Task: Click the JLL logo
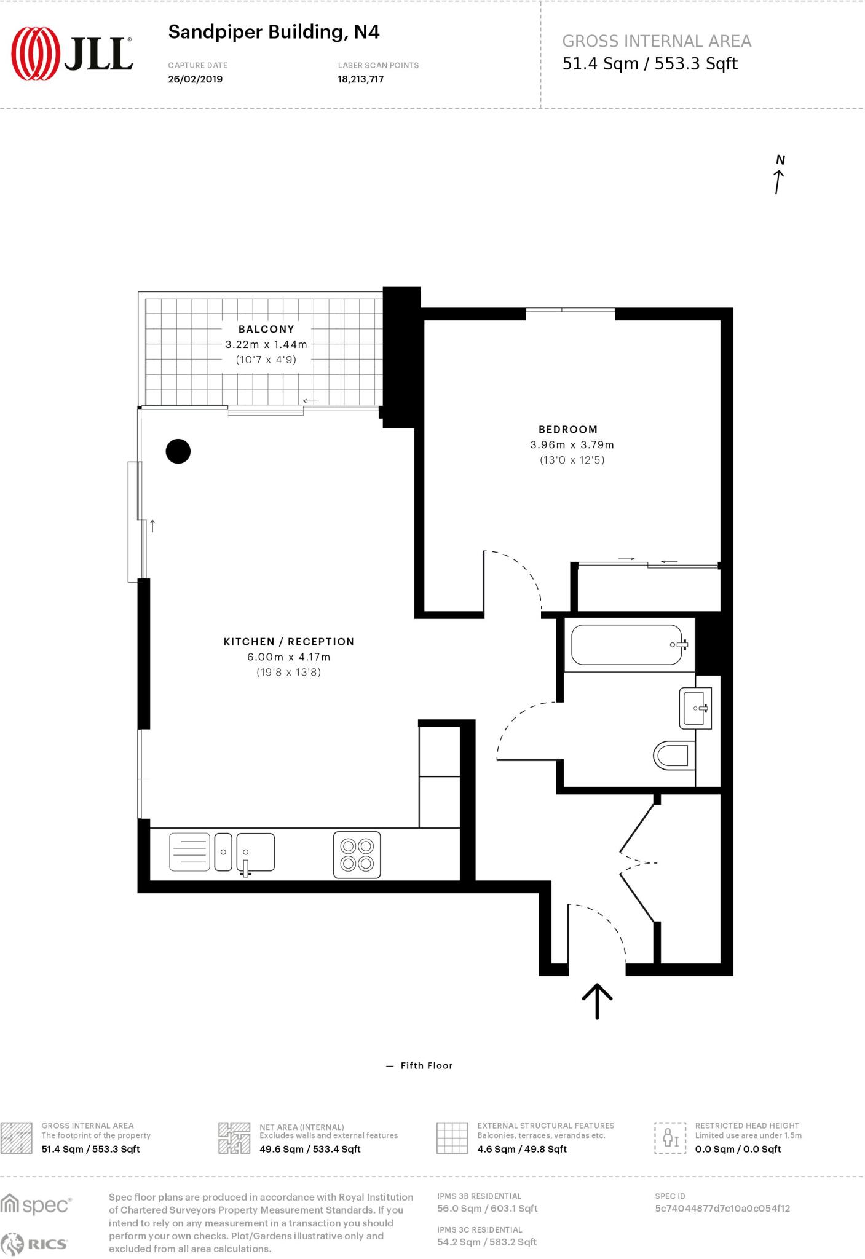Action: tap(72, 53)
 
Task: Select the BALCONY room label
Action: tap(266, 330)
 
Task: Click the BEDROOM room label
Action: tap(568, 430)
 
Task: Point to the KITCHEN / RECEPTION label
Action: tap(288, 642)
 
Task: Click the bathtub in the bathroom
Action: tap(627, 645)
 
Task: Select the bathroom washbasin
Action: tap(696, 708)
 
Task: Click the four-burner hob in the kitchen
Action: tap(357, 855)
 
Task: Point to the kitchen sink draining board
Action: tap(189, 852)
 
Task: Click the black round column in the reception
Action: tap(178, 451)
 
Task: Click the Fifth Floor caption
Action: tap(426, 1066)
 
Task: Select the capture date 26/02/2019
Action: tap(195, 79)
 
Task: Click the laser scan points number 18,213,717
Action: tap(360, 79)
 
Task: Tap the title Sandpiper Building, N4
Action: tap(274, 32)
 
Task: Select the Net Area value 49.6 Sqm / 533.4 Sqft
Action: tap(310, 1150)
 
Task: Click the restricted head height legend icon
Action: tap(670, 1139)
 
